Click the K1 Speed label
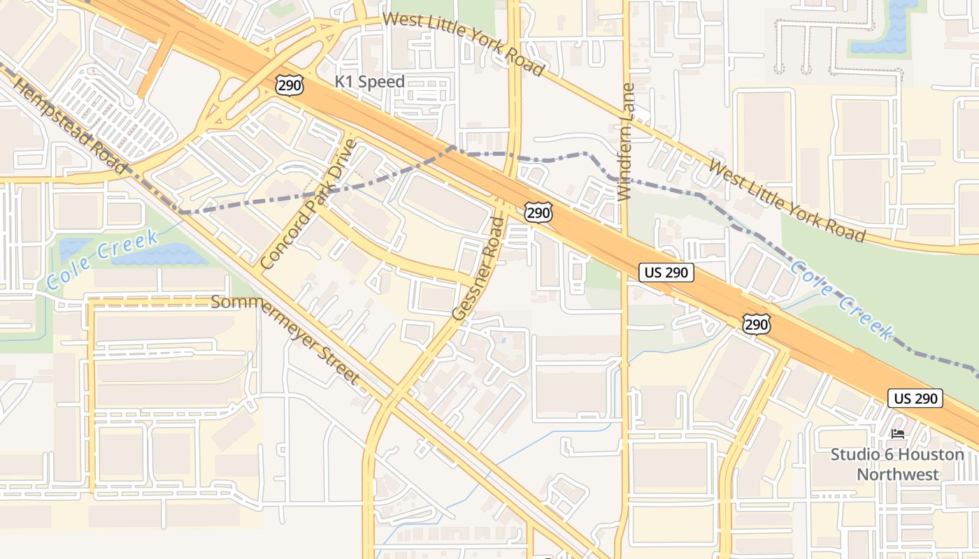pos(369,82)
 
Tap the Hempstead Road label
pos(69,126)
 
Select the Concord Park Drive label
pos(308,205)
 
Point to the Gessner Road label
pos(478,269)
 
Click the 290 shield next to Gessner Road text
pos(538,212)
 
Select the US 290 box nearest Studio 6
pos(915,398)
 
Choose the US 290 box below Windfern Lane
pos(666,273)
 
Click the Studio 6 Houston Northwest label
pos(898,465)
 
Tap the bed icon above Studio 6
pos(898,434)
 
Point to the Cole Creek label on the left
pos(102,260)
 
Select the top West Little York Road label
pos(464,43)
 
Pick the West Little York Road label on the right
pos(787,201)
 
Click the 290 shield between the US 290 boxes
pos(757,323)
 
